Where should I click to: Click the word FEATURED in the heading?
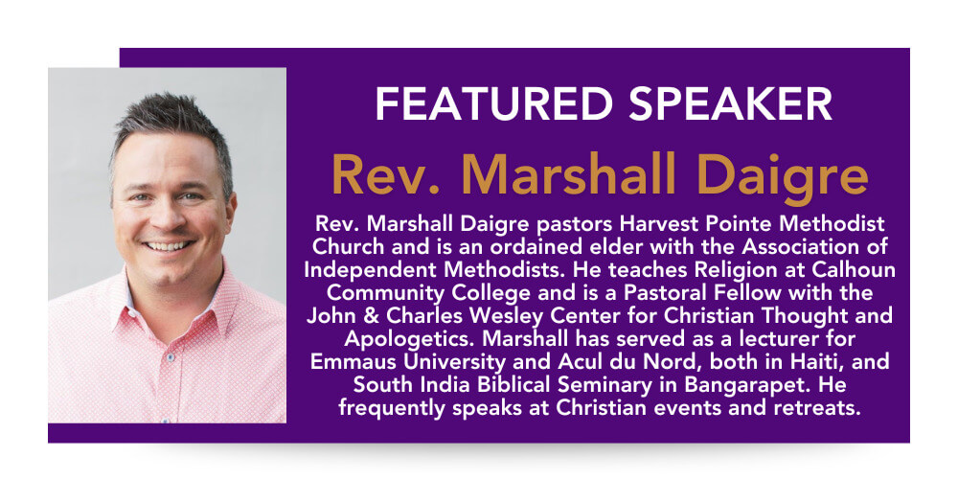(493, 103)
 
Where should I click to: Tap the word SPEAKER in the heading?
(730, 103)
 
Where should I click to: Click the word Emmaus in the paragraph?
(343, 362)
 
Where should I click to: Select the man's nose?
(166, 215)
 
